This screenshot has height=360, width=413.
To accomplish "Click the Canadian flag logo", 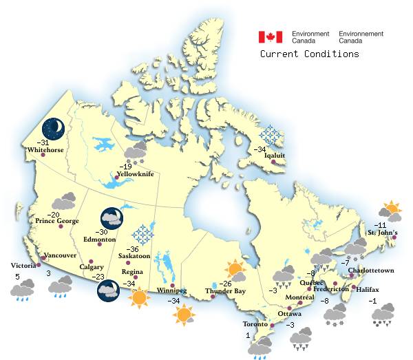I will [271, 36].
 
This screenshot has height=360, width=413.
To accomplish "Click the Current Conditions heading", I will [309, 54].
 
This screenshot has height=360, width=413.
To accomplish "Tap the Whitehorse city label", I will [46, 149].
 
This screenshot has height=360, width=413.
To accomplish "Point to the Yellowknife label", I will [138, 175].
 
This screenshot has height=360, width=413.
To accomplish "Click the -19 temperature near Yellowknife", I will [125, 167].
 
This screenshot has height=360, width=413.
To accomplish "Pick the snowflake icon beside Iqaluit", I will [271, 136].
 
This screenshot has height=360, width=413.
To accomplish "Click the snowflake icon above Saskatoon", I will [144, 234].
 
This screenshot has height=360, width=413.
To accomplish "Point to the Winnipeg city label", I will [171, 290].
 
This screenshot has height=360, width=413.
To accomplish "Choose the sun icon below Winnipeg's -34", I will [184, 315].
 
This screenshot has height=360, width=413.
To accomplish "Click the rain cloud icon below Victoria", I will [22, 290].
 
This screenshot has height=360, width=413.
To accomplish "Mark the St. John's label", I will [382, 233].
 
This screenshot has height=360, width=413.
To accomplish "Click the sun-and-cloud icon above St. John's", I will [391, 208].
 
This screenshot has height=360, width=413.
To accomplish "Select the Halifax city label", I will [368, 289].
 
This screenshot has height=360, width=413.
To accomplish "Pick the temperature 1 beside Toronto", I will [247, 335].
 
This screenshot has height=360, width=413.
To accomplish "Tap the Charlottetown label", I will [371, 271].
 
